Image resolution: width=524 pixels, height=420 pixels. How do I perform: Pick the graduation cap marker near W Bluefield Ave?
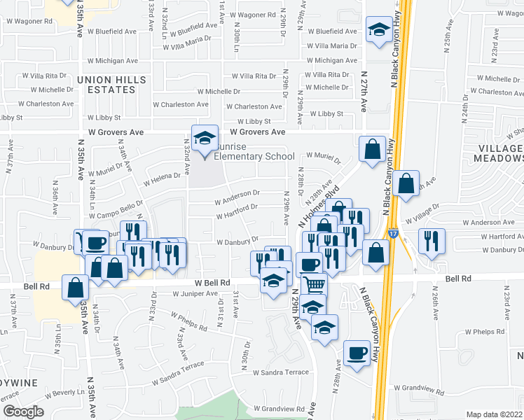click(x=379, y=30)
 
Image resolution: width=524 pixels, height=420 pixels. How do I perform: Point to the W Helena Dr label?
click(x=163, y=180)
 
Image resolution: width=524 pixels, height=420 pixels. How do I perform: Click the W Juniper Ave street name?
click(x=195, y=294)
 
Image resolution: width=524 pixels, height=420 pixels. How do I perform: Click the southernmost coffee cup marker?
click(x=357, y=351)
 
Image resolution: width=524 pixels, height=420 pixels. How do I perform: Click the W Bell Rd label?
click(x=212, y=283)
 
